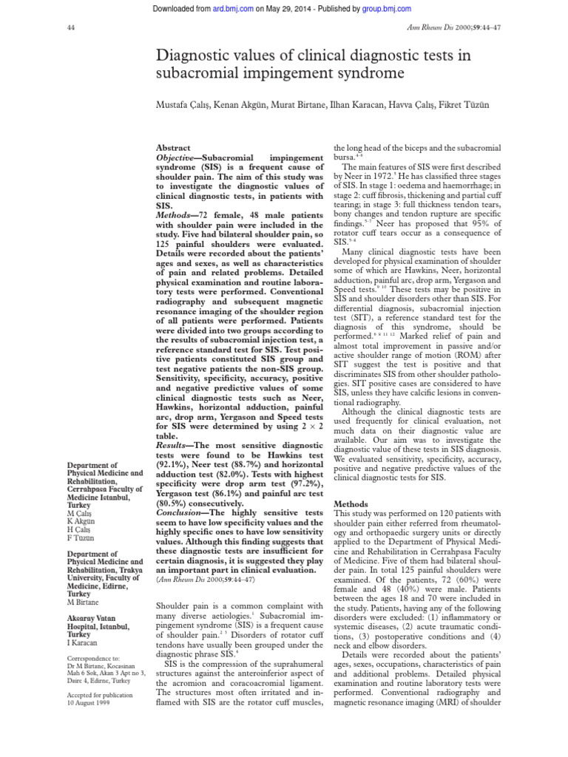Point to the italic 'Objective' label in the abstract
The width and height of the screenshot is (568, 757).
(x=179, y=159)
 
